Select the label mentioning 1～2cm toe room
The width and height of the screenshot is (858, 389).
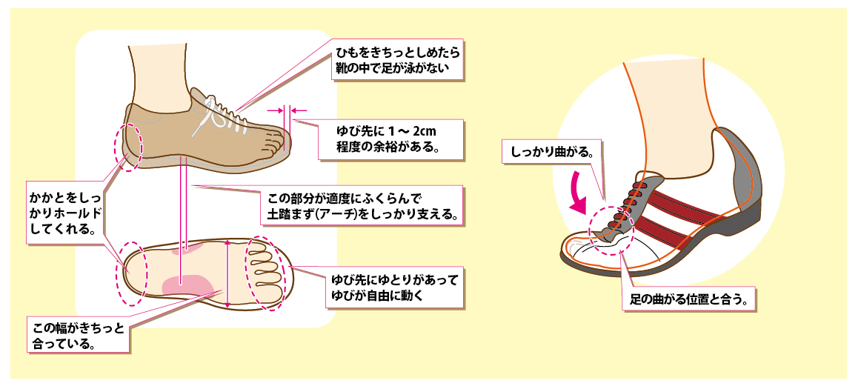(x=390, y=139)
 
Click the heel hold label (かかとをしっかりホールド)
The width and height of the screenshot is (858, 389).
(x=64, y=209)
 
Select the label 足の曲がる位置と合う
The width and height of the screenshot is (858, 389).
(x=687, y=301)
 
